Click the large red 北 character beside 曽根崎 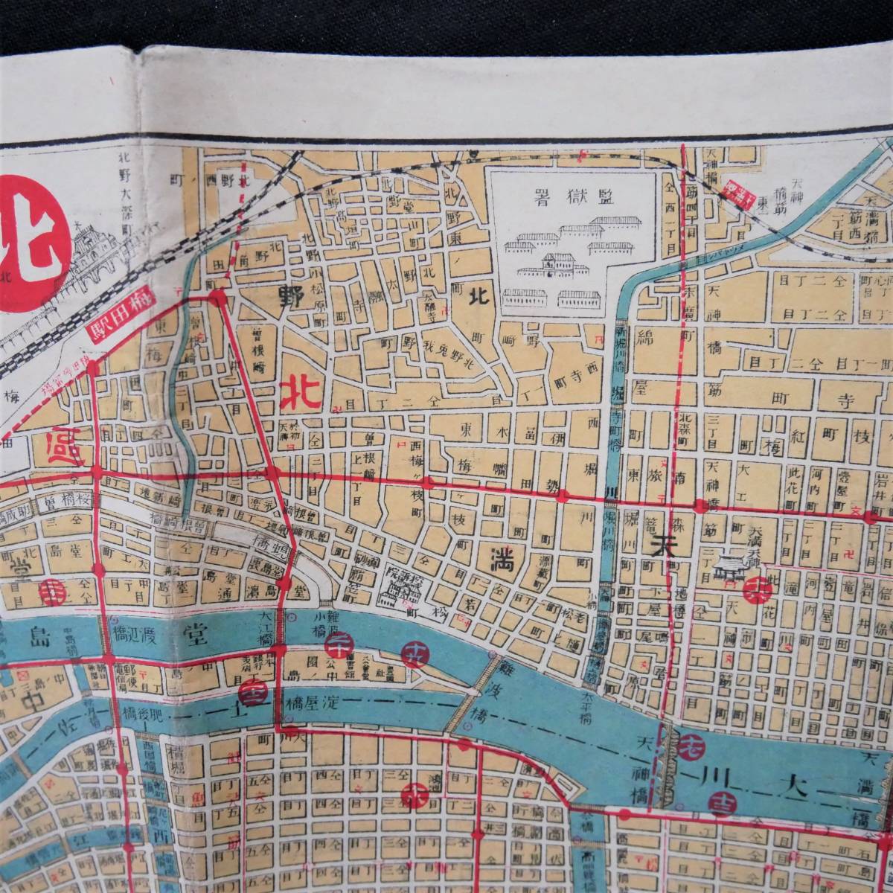300,392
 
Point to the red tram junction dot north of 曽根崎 217,298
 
